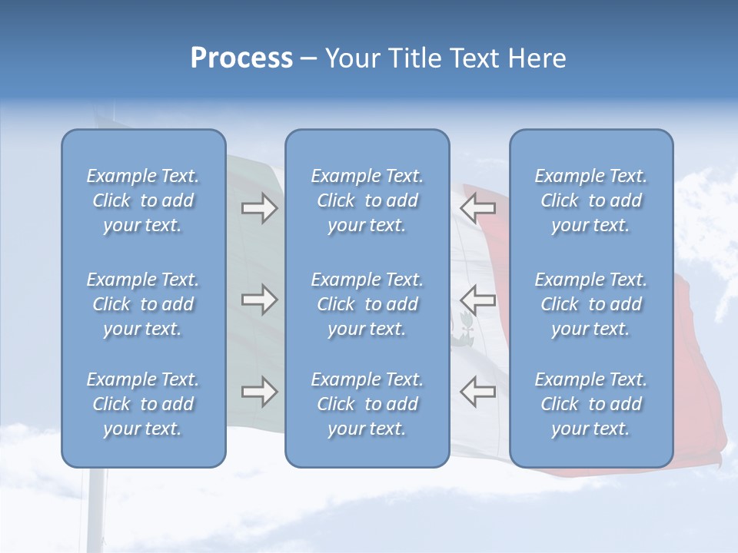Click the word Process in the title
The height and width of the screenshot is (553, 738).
point(241,58)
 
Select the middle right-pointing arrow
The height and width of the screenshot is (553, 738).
point(259,300)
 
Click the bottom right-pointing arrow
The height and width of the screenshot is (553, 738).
point(259,392)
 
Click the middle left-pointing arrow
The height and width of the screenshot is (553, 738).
point(477,300)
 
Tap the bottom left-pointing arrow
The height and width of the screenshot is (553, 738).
point(477,392)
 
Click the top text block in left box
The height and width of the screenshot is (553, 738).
point(143,200)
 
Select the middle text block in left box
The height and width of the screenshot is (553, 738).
point(143,304)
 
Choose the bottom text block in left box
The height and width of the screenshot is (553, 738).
point(143,404)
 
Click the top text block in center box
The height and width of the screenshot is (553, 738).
point(367,200)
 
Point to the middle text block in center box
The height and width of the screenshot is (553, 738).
point(367,304)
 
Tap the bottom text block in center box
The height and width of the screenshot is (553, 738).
point(367,404)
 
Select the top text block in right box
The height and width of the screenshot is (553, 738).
point(590,200)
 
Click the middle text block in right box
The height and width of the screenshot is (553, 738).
point(590,304)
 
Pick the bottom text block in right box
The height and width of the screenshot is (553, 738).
point(590,404)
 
